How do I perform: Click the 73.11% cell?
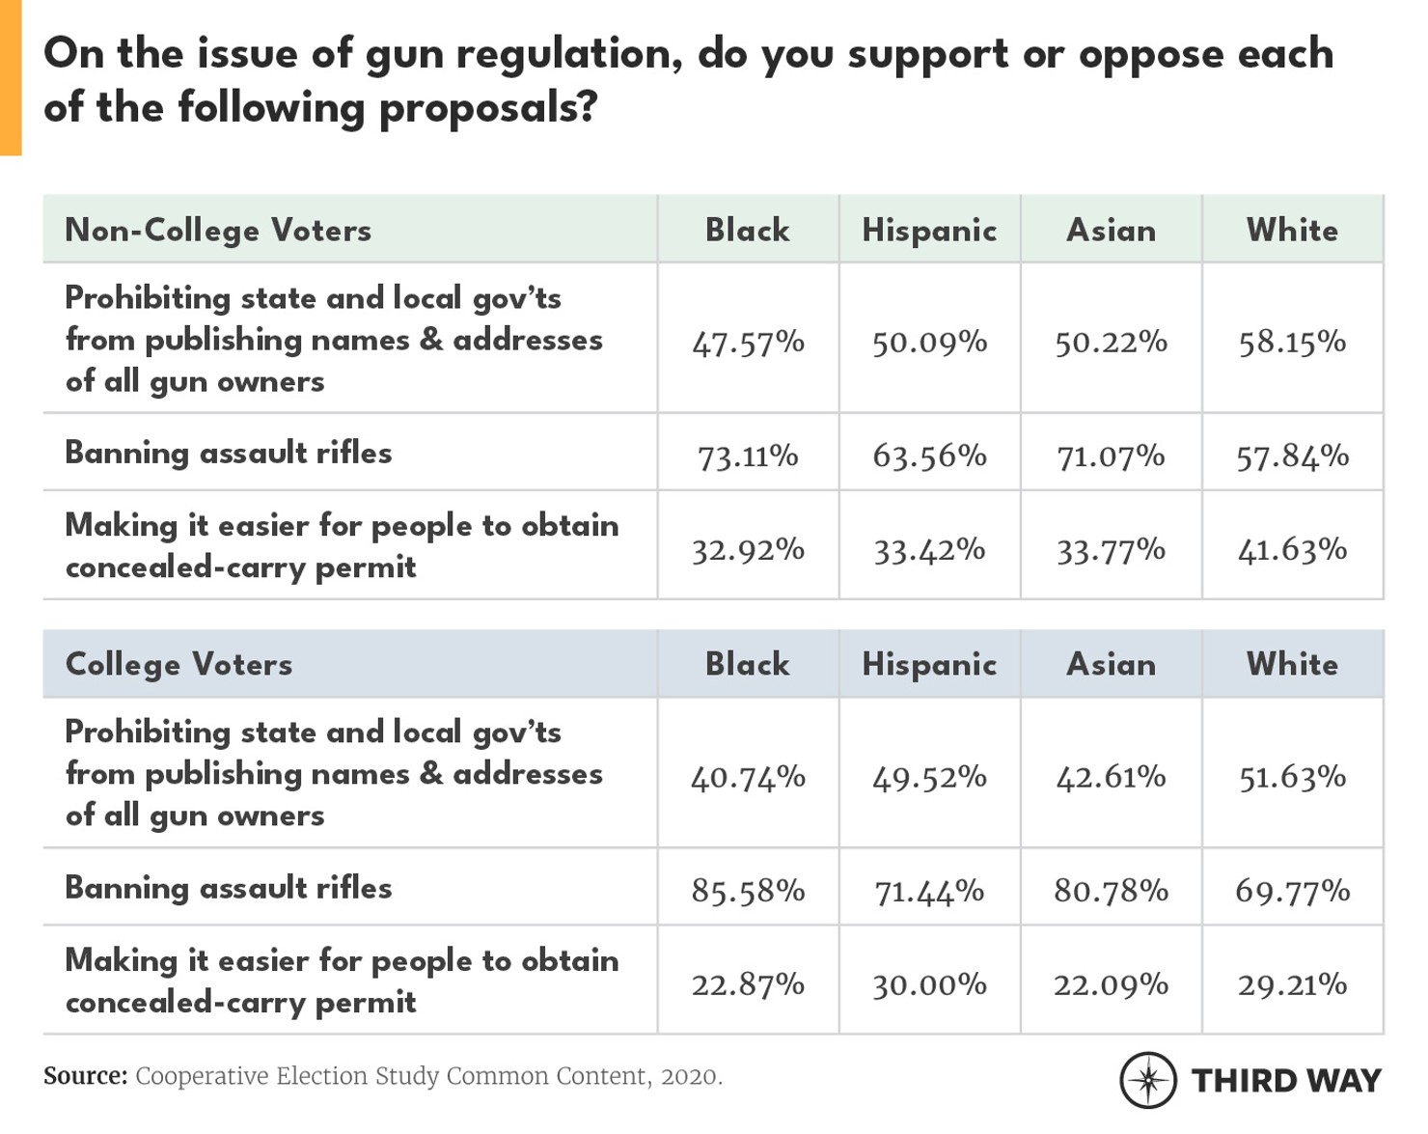[x=748, y=456]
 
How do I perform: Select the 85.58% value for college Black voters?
[x=748, y=890]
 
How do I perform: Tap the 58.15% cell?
[x=1292, y=342]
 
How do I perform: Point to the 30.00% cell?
[x=929, y=984]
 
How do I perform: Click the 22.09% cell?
[x=1111, y=984]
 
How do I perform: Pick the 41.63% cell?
[x=1292, y=550]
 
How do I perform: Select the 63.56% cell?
[x=929, y=456]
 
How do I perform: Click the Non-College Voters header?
[x=218, y=231]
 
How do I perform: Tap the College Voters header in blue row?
[x=178, y=665]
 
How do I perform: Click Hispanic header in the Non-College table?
[x=929, y=231]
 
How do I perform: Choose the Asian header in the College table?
[x=1111, y=665]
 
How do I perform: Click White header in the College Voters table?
[x=1292, y=665]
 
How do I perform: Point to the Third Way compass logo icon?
[x=1147, y=1080]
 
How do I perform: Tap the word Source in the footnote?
[x=85, y=1076]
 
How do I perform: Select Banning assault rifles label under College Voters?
[x=229, y=888]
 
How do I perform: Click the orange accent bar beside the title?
[x=10, y=77]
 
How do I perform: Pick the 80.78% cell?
[x=1111, y=890]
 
